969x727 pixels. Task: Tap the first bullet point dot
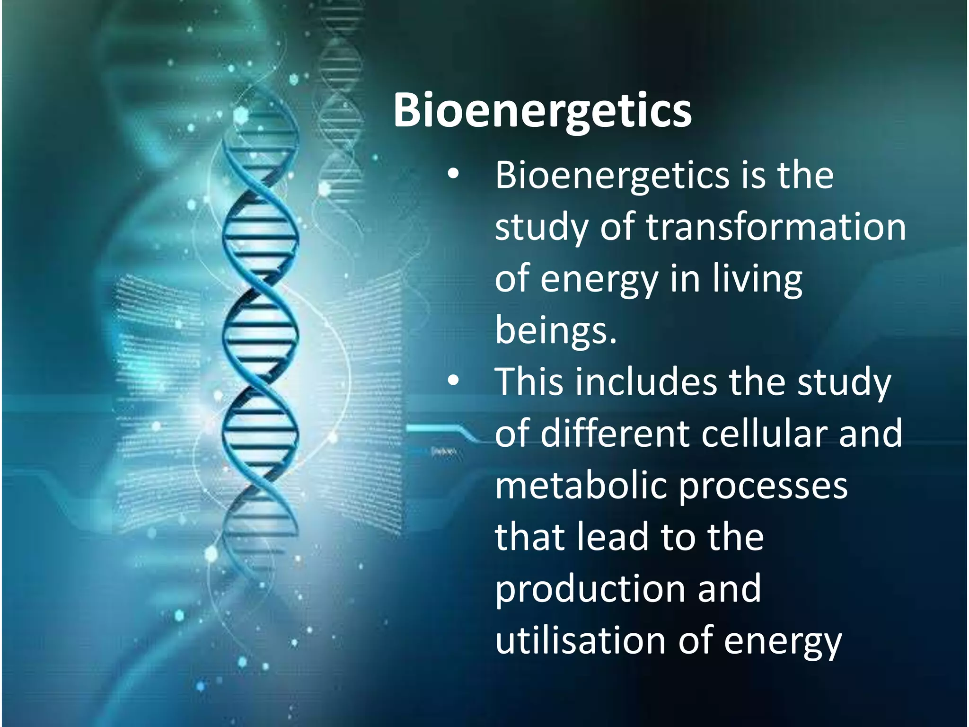pos(453,175)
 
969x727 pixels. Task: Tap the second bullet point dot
pos(453,381)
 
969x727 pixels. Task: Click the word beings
pos(555,329)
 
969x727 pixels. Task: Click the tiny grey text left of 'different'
pos(443,452)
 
